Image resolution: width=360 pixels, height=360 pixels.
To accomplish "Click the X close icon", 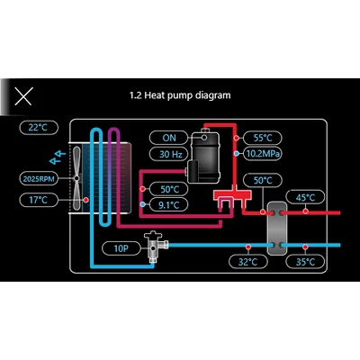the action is pos(23,96).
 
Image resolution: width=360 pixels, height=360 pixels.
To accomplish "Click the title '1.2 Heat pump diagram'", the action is pos(180,95).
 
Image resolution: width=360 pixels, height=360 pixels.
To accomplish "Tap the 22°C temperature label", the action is pos(39,128).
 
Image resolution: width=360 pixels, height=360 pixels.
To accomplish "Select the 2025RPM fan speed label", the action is pos(39,179).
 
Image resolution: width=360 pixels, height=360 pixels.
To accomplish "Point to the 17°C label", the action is pos(39,200).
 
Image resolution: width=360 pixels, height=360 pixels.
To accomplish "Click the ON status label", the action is pos(169,138).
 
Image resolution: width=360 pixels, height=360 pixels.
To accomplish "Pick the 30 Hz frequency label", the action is pos(169,154).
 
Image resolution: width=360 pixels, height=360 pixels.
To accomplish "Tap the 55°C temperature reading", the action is pos(263,138).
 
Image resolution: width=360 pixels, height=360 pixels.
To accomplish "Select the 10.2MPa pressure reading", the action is pos(263,154).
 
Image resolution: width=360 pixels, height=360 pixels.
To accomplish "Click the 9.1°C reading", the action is pos(169,205).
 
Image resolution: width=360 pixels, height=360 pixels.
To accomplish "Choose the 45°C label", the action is pos(305,197).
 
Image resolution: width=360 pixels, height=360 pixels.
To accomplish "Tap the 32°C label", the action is pos(247,262).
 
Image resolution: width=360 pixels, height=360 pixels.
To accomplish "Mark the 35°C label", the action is pos(305,262).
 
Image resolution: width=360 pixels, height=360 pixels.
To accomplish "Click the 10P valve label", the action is pos(121,248).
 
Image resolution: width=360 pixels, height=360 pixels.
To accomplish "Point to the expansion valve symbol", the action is pos(155,246).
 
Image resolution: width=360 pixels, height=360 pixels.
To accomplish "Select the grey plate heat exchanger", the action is pos(276,229).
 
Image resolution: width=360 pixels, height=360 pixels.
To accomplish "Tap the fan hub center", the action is pos(76,178).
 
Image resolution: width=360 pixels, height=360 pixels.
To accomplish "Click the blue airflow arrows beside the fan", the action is pos(58,157).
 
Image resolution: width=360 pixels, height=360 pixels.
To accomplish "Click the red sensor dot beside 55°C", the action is pos(237,138).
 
